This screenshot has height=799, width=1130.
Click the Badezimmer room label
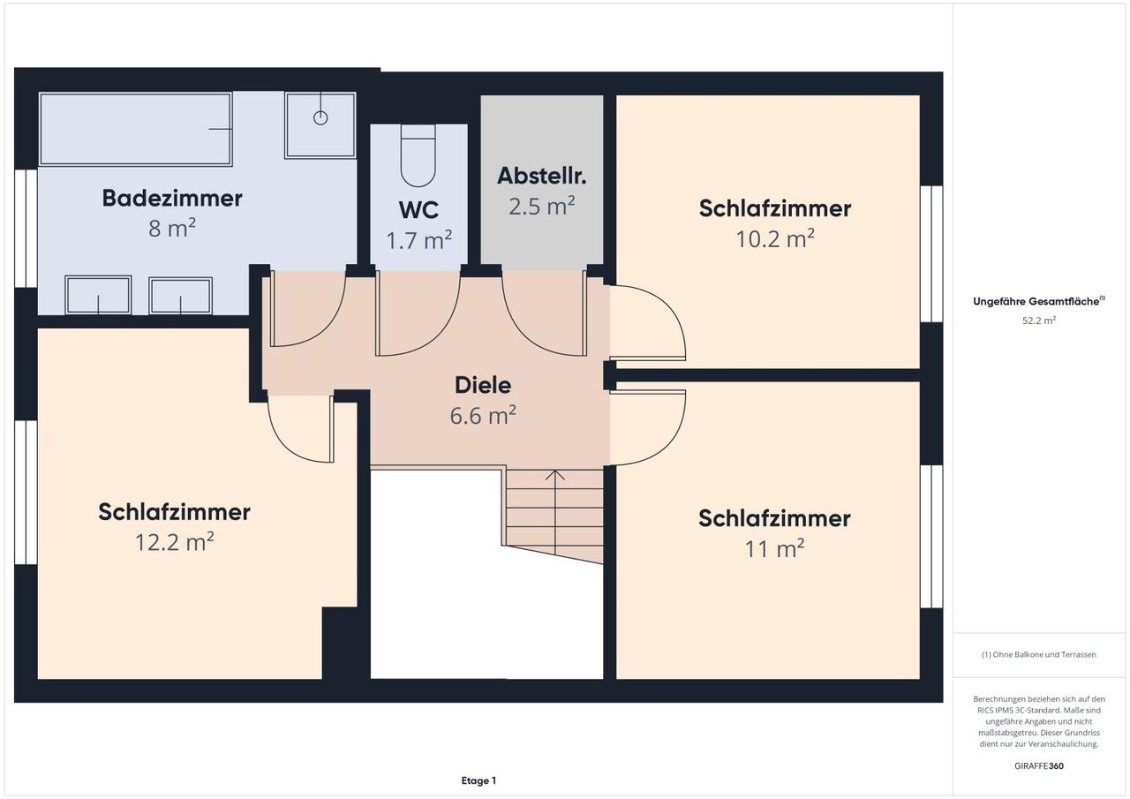click(172, 198)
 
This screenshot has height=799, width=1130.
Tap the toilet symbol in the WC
click(418, 156)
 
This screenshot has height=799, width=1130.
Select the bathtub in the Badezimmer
click(136, 129)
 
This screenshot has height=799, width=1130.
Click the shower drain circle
click(320, 118)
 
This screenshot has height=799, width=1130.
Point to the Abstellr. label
click(542, 176)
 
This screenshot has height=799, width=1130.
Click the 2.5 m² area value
click(542, 206)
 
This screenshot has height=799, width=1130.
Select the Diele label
click(483, 385)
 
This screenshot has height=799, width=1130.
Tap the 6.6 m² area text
click(483, 415)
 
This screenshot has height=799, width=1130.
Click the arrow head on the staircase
click(555, 475)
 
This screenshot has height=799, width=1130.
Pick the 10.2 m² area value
click(775, 238)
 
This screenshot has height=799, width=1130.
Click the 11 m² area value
click(775, 549)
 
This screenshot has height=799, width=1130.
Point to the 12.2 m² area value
click(175, 542)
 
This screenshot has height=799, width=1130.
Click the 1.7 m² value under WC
click(418, 240)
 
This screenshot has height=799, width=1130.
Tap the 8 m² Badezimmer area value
click(172, 228)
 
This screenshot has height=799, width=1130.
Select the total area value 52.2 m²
click(1039, 320)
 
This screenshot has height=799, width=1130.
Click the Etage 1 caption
click(478, 780)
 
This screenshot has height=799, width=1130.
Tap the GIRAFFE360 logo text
click(1039, 765)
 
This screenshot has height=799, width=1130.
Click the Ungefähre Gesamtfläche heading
click(1039, 301)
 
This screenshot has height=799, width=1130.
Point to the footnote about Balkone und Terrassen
click(1039, 654)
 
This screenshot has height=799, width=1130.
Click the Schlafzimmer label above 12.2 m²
click(175, 512)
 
